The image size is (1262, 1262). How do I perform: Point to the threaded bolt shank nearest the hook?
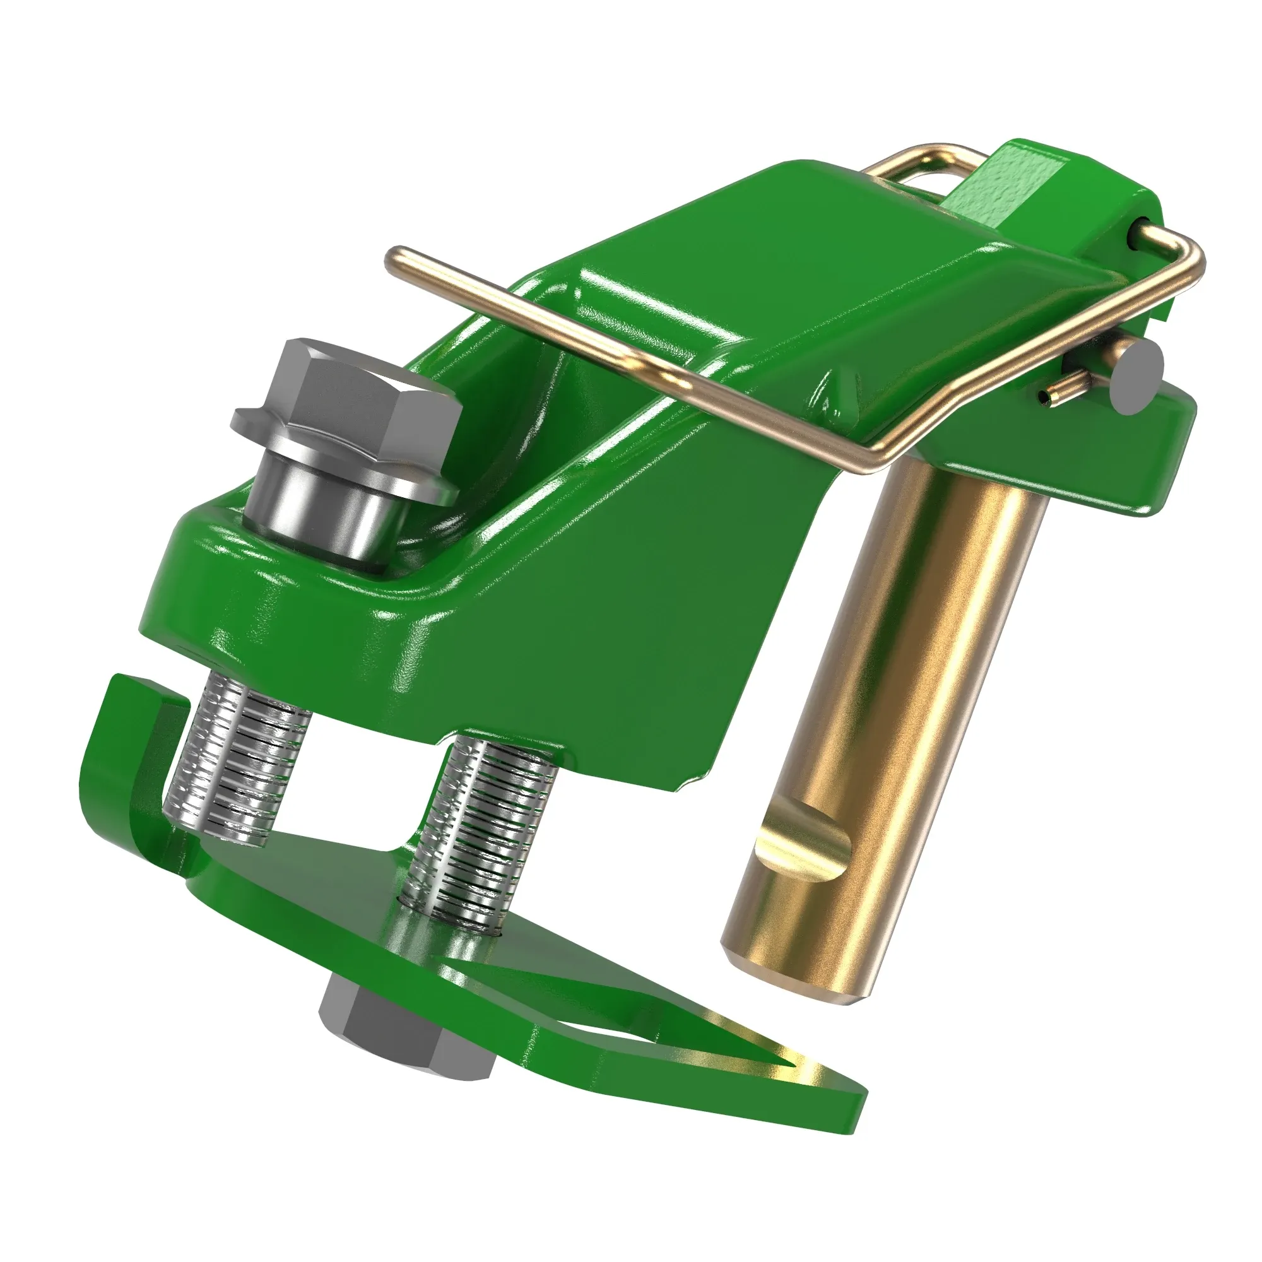coord(235,758)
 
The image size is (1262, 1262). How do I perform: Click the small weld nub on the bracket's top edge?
coord(839,392)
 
